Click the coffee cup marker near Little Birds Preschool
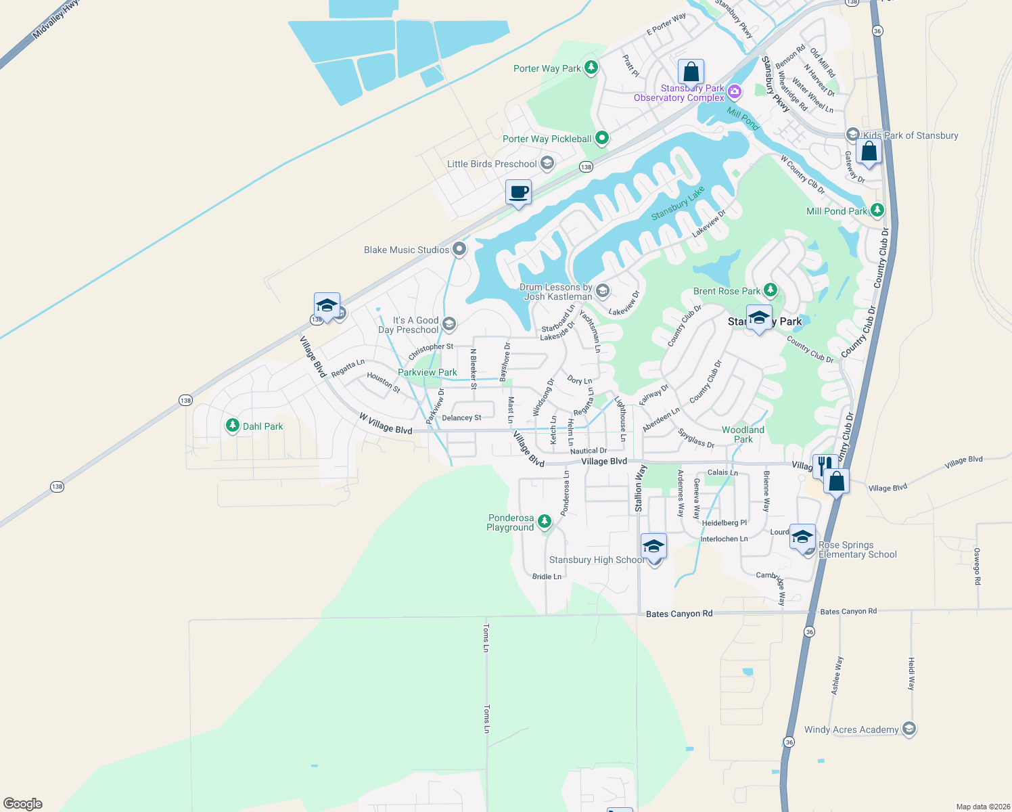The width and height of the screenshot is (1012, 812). coord(518,192)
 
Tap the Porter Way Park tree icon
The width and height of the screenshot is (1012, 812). coord(591,68)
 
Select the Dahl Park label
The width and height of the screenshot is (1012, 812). coord(262,426)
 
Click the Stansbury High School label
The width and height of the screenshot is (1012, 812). coord(596,560)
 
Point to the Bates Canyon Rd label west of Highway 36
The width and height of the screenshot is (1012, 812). coord(678,614)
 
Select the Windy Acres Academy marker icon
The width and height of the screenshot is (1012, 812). coord(909,729)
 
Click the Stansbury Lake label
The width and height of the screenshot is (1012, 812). coord(677,203)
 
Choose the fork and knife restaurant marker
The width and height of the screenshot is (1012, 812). coord(823,466)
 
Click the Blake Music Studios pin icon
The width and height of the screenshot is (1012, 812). coord(459,249)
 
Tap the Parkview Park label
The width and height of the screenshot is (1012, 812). coord(427,372)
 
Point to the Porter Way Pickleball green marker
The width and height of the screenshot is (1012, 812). coord(601,138)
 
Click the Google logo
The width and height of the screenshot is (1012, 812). coord(23,803)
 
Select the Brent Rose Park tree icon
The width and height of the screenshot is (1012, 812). coord(770,290)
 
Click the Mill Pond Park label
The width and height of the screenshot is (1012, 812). coord(836,211)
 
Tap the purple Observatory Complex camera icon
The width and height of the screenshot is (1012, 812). coord(735,91)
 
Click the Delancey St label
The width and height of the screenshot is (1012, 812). coord(461,418)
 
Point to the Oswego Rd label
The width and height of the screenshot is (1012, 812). coord(976,566)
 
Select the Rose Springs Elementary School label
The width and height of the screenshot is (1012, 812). coord(857,549)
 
